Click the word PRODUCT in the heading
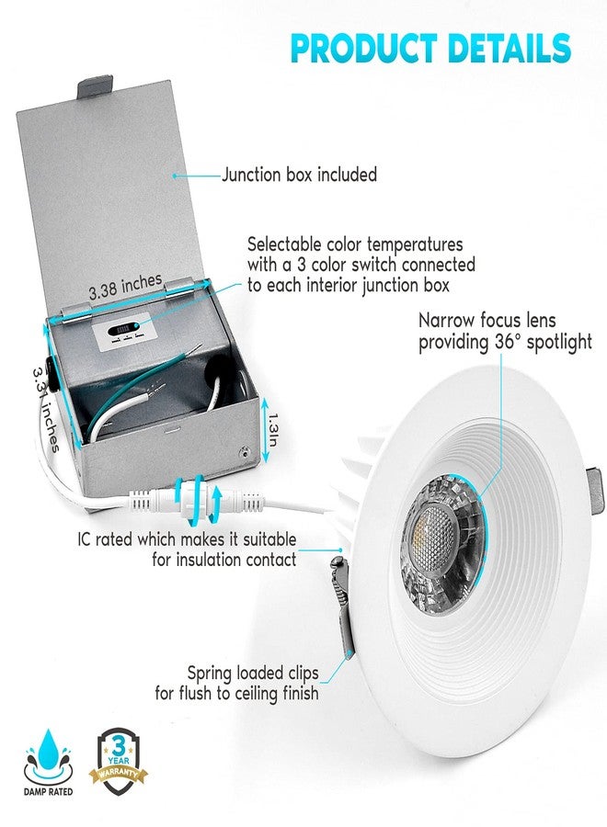click(363, 48)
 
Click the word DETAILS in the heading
click(509, 48)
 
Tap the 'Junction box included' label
click(299, 174)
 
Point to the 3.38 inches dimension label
click(125, 287)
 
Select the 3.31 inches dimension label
click(45, 409)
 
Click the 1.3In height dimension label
click(272, 429)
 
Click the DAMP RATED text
click(48, 792)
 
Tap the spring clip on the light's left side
click(342, 604)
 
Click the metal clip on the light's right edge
click(595, 491)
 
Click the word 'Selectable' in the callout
click(284, 244)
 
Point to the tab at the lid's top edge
click(96, 87)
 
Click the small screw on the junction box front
click(244, 451)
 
